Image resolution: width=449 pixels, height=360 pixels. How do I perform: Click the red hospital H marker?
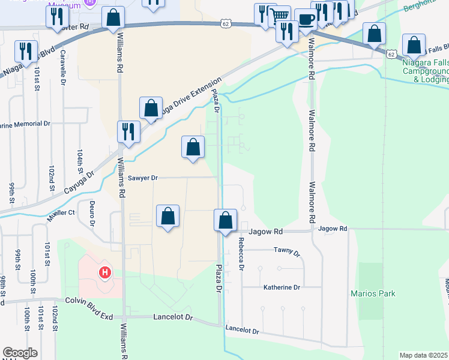[x=105, y=273]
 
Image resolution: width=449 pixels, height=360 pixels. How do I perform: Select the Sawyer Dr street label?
[x=143, y=178]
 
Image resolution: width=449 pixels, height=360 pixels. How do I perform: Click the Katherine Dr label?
[x=282, y=288]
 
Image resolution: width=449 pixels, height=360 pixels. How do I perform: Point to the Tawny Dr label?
[x=286, y=250]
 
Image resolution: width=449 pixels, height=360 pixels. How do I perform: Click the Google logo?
[x=20, y=353]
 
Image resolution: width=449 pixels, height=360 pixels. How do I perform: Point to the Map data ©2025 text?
[x=424, y=355]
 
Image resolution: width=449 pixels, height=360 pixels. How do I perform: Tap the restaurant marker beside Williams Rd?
[x=128, y=131]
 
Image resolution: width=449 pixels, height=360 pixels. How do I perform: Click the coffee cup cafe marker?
[x=306, y=19]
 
